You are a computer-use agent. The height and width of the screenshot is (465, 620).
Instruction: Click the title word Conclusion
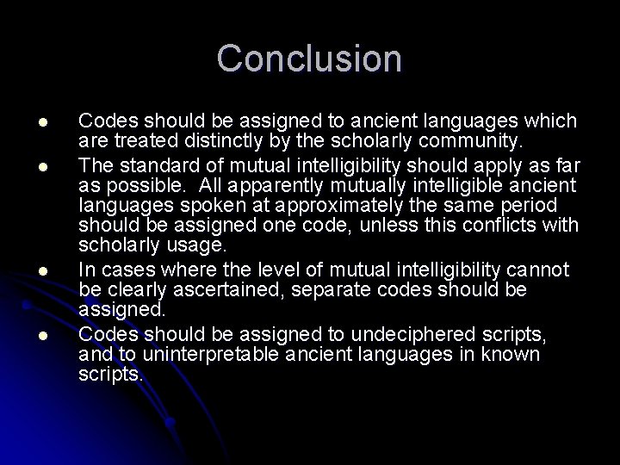pos(309,59)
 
